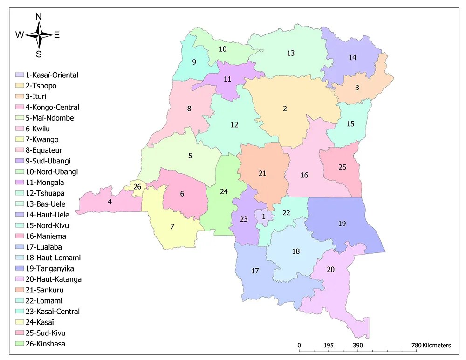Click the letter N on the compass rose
(39, 17)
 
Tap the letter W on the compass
(20, 35)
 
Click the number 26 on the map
(137, 187)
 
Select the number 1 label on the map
(263, 216)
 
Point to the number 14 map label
(352, 58)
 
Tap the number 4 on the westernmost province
(110, 202)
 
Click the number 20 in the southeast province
(330, 269)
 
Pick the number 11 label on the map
(227, 79)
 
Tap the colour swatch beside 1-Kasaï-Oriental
(20, 75)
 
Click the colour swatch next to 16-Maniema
(20, 236)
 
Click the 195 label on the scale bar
(329, 345)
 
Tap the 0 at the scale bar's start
(299, 345)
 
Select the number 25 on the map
(342, 167)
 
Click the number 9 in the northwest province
(194, 62)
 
